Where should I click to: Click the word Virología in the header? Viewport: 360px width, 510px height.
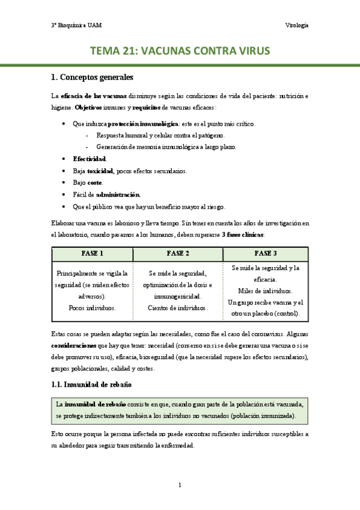click(x=296, y=25)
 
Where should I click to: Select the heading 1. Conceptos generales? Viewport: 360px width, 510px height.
click(x=92, y=78)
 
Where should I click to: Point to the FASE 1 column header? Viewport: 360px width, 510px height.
click(x=92, y=253)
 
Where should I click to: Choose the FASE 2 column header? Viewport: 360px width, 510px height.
click(x=178, y=253)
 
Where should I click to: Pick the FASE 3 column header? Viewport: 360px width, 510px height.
click(x=266, y=253)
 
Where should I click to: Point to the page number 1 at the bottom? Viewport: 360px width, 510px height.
click(x=180, y=485)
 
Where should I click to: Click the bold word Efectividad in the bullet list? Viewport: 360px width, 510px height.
click(x=90, y=159)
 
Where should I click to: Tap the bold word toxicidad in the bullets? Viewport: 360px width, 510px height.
click(x=100, y=171)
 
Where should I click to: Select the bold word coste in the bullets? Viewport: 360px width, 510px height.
click(x=94, y=182)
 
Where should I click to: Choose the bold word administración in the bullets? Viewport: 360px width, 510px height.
click(x=118, y=194)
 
